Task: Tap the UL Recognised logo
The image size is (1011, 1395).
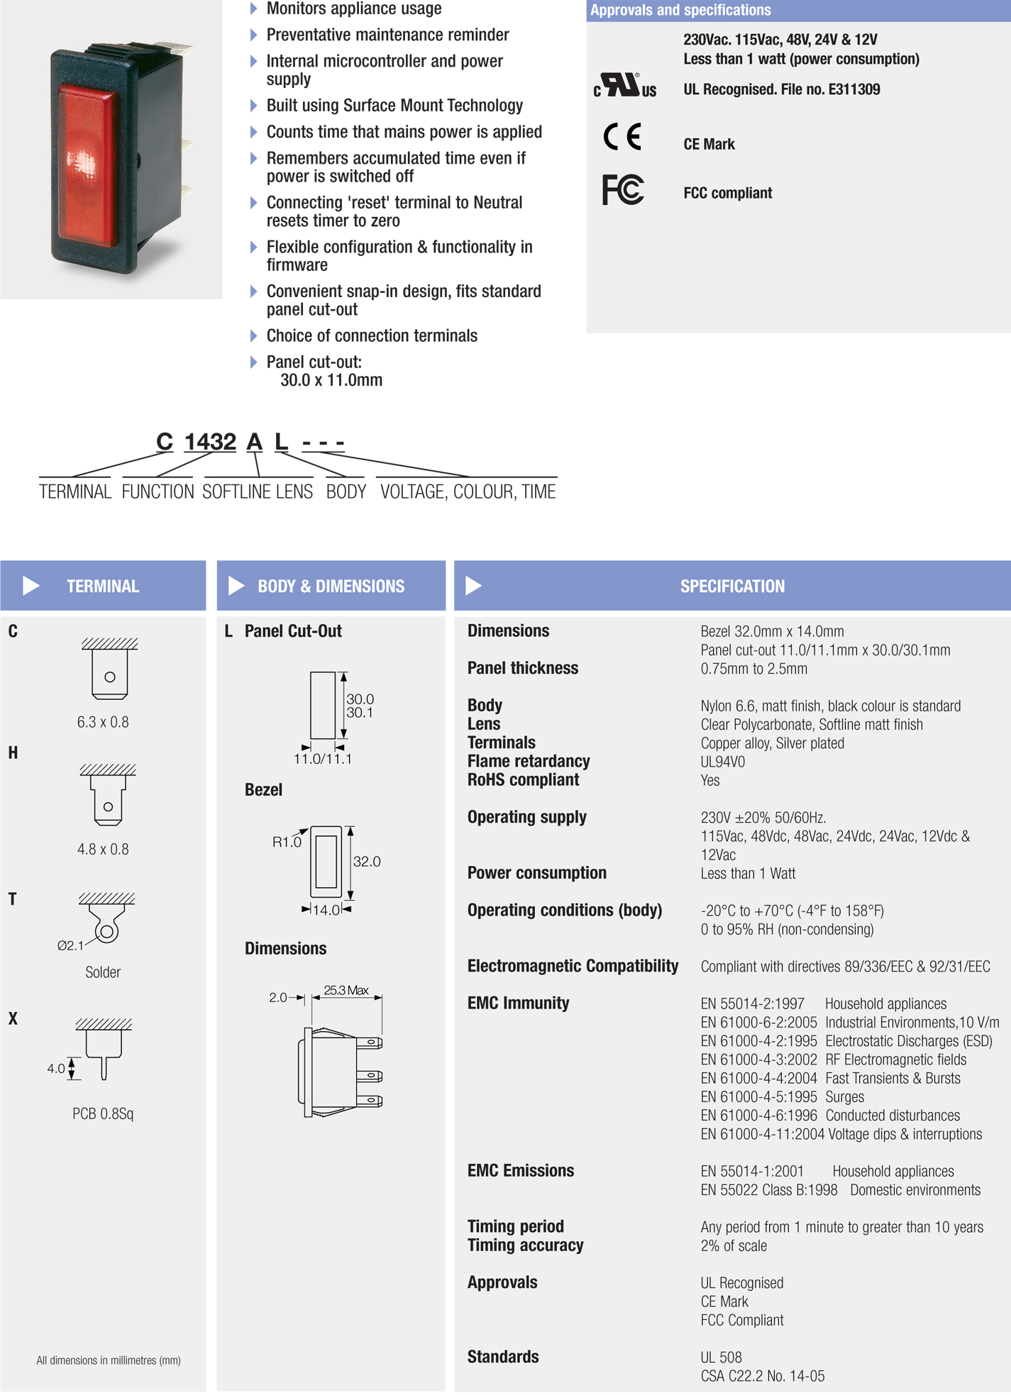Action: pyautogui.click(x=625, y=86)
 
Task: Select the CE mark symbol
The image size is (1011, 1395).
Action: pyautogui.click(x=622, y=137)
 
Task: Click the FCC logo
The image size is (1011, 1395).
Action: pyautogui.click(x=623, y=190)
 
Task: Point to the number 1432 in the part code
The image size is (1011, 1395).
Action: pyautogui.click(x=210, y=442)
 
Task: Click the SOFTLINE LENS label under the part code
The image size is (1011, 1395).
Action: pyautogui.click(x=257, y=491)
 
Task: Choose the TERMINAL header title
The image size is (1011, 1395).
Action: pyautogui.click(x=103, y=587)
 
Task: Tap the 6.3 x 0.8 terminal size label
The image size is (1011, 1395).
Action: pyautogui.click(x=103, y=722)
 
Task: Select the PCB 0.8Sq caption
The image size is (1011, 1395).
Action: pyautogui.click(x=103, y=1113)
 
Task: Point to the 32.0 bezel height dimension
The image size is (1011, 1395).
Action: pyautogui.click(x=367, y=862)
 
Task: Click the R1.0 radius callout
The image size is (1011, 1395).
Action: pyautogui.click(x=287, y=842)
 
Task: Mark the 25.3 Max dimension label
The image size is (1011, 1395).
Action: pyautogui.click(x=346, y=990)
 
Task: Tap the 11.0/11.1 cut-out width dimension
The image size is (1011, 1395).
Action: pyautogui.click(x=323, y=759)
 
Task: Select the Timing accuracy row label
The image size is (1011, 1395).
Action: pyautogui.click(x=525, y=1245)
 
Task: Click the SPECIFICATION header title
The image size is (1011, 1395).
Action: pyautogui.click(x=732, y=587)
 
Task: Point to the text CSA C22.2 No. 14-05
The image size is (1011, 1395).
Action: pyautogui.click(x=763, y=1376)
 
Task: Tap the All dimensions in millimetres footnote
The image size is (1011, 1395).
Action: pyautogui.click(x=109, y=1360)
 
